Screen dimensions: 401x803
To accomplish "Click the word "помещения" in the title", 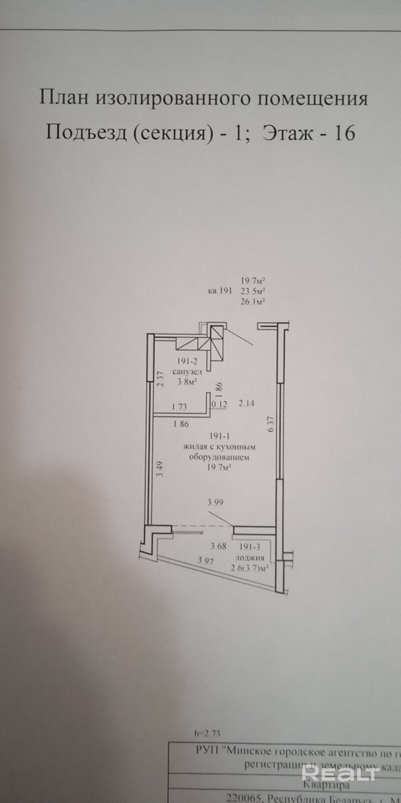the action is [313, 99].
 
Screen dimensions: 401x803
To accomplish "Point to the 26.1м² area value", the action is [253, 302].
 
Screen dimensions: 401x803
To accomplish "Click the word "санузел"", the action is [187, 372].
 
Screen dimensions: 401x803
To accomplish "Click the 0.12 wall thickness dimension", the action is [219, 405].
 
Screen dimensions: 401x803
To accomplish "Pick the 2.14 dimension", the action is [247, 403].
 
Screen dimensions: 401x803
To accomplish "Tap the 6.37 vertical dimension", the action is [271, 425].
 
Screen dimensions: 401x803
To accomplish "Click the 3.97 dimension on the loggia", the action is [206, 561].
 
